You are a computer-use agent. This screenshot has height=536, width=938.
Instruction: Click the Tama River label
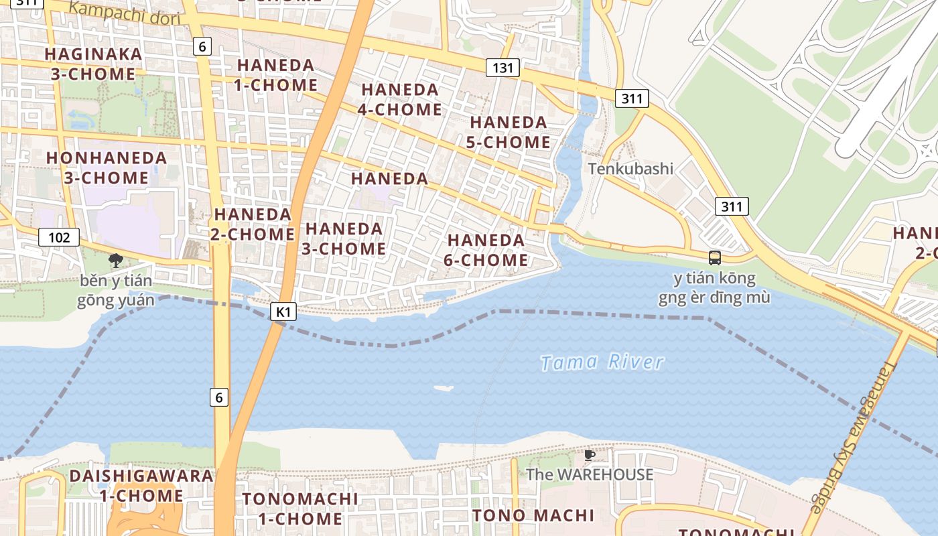pos(602,362)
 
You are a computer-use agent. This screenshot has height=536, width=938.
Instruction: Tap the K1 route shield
pos(284,312)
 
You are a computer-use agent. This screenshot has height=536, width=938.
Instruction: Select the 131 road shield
pos(503,68)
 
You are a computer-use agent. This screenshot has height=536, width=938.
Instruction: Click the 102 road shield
pos(59,237)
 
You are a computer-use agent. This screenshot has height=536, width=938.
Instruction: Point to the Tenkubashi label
pos(630,168)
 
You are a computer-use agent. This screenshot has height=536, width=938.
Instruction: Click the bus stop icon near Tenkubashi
pos(715,258)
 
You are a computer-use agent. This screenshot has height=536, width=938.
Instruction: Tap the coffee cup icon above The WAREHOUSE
pos(590,456)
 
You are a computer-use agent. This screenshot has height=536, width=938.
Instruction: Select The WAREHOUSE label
pos(590,475)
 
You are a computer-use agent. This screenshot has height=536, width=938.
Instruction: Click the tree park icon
pos(116,260)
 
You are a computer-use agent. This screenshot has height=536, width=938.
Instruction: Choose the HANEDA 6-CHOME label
pos(486,250)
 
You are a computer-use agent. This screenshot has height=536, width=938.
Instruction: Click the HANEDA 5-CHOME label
pos(509,133)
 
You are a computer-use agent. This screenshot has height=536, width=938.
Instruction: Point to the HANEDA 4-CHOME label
pos(400,99)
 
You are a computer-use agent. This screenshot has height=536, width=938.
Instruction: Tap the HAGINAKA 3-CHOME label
pos(93,64)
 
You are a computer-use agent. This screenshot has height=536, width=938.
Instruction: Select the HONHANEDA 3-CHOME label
pos(107,168)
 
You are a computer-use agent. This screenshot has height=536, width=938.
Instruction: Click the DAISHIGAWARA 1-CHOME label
pos(141,486)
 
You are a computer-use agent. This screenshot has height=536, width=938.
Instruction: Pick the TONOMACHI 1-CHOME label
pos(300,509)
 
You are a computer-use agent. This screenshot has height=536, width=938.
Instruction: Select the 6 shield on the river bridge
pos(219,397)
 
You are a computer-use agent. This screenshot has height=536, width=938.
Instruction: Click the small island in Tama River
pos(443,388)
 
